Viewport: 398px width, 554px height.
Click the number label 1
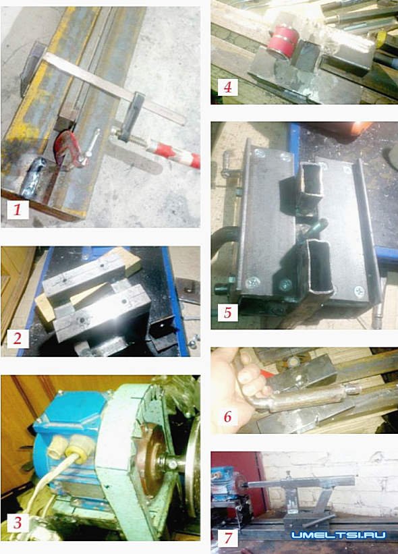point(18,210)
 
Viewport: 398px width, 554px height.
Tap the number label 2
point(18,338)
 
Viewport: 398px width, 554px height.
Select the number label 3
point(18,522)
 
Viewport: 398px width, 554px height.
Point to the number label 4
point(227,87)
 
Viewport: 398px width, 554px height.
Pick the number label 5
point(227,312)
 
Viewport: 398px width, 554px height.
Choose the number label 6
point(227,416)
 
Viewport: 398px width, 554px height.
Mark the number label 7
point(228,538)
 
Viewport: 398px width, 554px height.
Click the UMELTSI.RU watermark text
point(339,535)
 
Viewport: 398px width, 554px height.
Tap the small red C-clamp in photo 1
point(67,148)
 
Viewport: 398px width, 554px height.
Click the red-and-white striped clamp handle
point(173,153)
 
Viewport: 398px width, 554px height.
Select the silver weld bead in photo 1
point(34,177)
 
